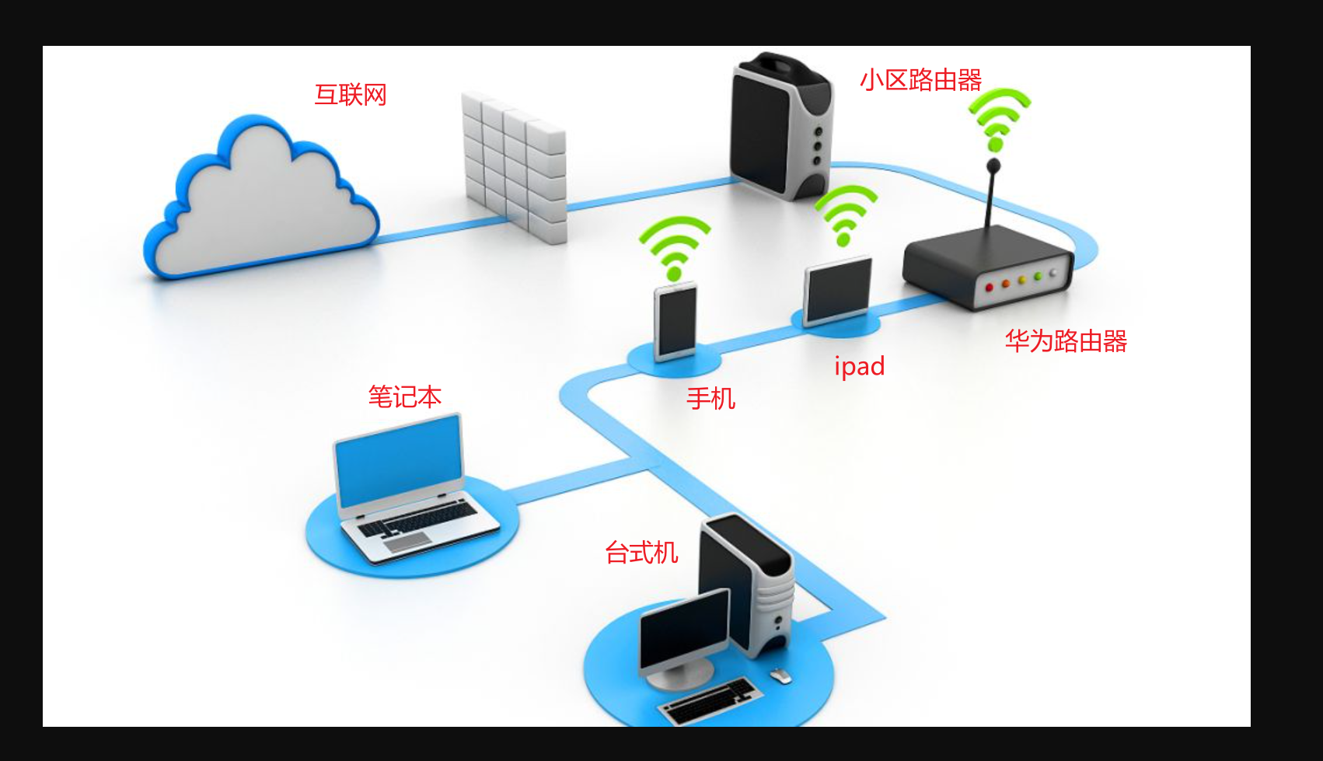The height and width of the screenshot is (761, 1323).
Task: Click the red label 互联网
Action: pos(350,95)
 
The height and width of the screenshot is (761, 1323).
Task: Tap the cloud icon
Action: pos(260,202)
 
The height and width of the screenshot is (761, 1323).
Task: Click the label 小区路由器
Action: pos(920,80)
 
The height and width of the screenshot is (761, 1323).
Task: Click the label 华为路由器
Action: pos(1066,340)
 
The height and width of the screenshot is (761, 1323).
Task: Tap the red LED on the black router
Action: pos(989,288)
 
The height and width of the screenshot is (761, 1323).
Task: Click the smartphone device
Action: pos(675,320)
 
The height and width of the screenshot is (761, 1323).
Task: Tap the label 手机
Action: pos(710,399)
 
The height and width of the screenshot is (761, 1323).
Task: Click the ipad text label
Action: pos(859,366)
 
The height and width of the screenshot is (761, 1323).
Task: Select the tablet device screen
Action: pos(838,291)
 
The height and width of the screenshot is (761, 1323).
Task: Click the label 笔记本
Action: pos(404,397)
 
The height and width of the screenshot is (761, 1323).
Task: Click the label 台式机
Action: pos(641,553)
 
